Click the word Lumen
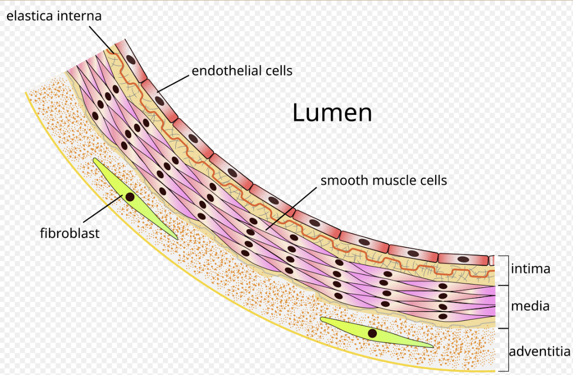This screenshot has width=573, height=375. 332,112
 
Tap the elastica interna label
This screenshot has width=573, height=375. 54,16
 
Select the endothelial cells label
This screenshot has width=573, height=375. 242,71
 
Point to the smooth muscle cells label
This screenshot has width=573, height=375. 384,180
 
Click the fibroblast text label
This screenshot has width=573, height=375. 69,233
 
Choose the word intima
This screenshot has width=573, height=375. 531,268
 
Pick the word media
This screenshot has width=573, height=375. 530,306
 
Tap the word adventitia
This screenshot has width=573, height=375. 539,351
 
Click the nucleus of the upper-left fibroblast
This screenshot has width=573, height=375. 130,197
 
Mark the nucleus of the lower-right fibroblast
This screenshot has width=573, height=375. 372,334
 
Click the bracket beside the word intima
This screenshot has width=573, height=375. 508,270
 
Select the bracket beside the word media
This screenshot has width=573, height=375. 508,307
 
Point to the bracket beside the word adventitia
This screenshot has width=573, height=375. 507,349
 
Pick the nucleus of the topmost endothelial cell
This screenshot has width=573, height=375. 131,59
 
